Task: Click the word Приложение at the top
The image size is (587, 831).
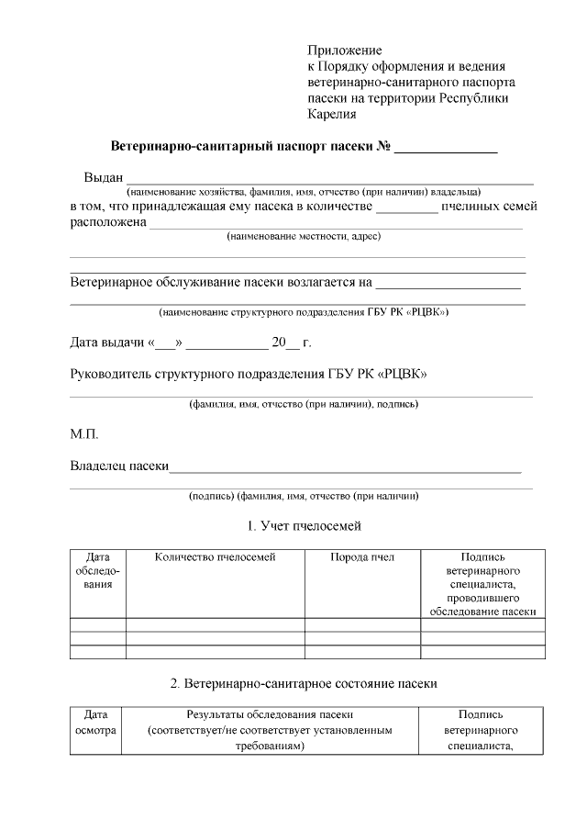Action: pos(344,50)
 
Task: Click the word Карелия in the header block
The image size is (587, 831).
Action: pos(331,116)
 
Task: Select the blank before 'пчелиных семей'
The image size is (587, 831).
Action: pos(406,208)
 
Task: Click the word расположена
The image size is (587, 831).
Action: pos(108,222)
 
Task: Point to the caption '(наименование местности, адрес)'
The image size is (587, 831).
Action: pos(304,237)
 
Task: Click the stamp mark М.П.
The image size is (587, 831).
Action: pos(84,433)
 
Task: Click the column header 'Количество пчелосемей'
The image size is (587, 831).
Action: pos(216,557)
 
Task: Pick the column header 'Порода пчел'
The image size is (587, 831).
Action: pos(362,557)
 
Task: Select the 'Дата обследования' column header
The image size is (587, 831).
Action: pos(98,570)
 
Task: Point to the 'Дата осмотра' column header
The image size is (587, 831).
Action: pos(95,723)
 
